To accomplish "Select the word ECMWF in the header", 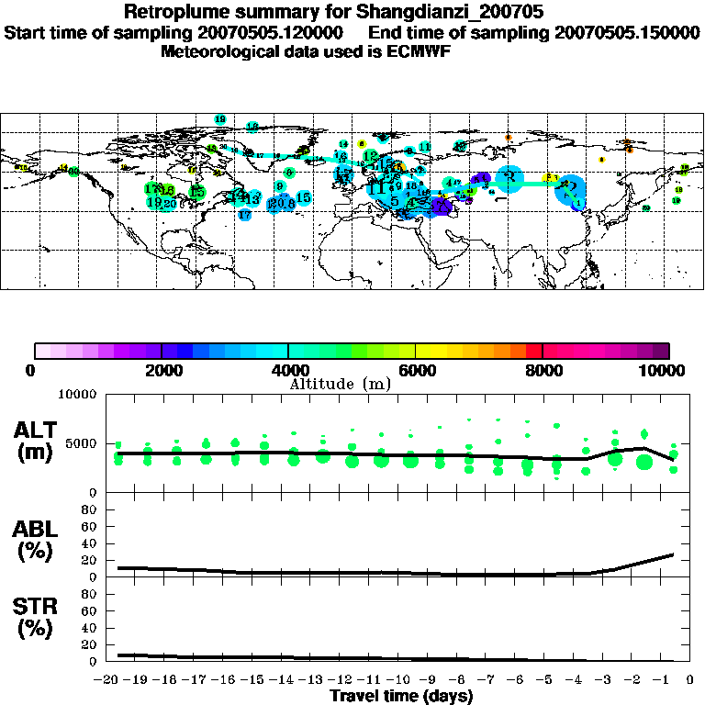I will tap(420, 51).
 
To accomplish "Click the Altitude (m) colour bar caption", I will tap(340, 384).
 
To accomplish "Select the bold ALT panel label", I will tap(37, 431).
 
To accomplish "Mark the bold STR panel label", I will tap(37, 606).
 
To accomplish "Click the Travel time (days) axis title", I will tap(401, 696).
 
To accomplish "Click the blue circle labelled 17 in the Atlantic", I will tap(244, 215).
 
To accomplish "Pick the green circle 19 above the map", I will tap(219, 119).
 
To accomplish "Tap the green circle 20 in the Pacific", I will tap(645, 208).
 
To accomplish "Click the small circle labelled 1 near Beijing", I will tap(578, 203).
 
